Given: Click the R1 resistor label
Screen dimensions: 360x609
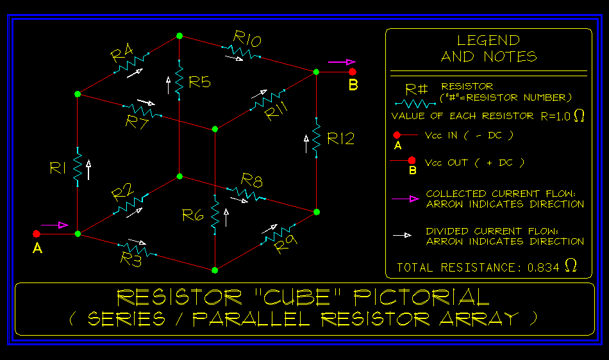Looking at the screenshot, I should coord(58,168).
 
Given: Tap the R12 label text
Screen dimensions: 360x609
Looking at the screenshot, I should coord(340,138).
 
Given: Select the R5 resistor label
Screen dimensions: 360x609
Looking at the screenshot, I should coord(200,82).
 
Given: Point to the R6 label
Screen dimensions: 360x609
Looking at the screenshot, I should coord(193,215).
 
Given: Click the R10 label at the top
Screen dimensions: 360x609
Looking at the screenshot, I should coord(247,40).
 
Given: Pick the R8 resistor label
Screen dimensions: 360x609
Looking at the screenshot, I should coord(251,181).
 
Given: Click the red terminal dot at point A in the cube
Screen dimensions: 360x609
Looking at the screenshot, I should coord(37,234).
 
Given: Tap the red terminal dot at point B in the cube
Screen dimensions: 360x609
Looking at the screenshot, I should coord(353,72).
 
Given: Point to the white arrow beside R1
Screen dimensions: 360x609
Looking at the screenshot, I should coord(88,167).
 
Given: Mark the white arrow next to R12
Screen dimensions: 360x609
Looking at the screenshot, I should coord(306,143).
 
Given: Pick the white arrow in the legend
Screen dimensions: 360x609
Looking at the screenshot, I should coord(402,236).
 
